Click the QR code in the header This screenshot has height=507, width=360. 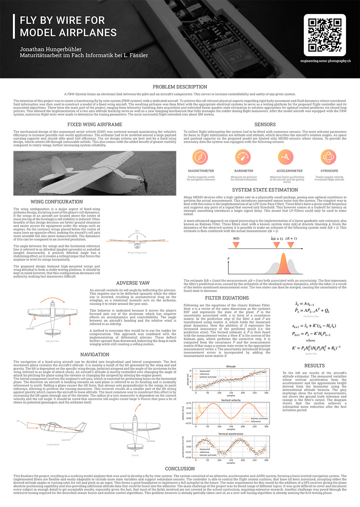(x=325, y=35)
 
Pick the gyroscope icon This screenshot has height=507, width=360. (x=329, y=157)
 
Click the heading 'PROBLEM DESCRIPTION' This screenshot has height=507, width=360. (x=180, y=87)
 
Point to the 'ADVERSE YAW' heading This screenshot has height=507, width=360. (x=133, y=283)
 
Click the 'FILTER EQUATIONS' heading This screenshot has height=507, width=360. (x=227, y=298)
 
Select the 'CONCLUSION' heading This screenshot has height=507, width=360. (x=180, y=469)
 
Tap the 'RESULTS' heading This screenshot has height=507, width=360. (x=314, y=365)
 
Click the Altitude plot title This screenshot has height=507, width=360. (x=231, y=367)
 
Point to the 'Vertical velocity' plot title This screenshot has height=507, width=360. (x=231, y=400)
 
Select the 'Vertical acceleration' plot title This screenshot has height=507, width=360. (x=231, y=434)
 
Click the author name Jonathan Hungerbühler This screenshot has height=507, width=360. (x=51, y=49)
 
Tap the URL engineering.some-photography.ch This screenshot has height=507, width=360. (x=325, y=61)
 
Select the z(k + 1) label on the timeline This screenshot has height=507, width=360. (x=291, y=239)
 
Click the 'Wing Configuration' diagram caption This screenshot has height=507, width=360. (x=137, y=253)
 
